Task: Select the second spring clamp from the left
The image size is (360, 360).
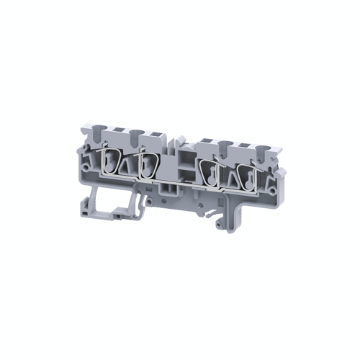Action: [149, 163]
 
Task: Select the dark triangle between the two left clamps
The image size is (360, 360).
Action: [127, 168]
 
